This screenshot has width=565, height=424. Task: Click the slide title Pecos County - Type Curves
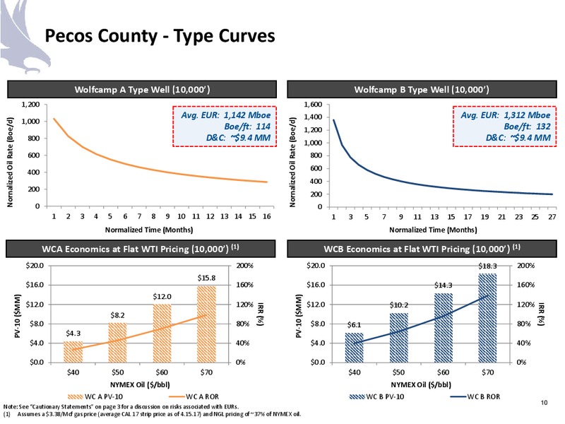pos(160,36)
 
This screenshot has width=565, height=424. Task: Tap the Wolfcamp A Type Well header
pos(142,90)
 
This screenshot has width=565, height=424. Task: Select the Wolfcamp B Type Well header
pos(422,90)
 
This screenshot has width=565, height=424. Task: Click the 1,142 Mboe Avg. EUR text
pos(225,115)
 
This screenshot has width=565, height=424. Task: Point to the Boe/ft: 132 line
pos(527,126)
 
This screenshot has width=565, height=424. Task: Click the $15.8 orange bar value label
pos(206,278)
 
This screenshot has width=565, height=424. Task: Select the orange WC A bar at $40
pos(73,352)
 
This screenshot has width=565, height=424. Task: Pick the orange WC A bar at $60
pos(162,333)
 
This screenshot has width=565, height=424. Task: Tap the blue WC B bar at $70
pos(487,318)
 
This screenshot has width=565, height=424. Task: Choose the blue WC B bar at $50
pos(398,338)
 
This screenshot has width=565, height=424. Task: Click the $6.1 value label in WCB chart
pos(354,325)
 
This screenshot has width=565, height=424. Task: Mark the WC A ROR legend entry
pos(193,396)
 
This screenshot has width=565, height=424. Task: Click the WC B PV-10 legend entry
pos(376,396)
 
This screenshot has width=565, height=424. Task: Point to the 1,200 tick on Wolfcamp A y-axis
pos(30,105)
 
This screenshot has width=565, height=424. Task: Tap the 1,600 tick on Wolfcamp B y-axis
pos(313,105)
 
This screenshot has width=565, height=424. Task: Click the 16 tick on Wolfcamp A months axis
pos(267,216)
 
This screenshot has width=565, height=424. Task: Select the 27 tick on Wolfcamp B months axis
pos(552,217)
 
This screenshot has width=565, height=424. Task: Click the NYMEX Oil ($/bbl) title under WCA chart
pos(140,384)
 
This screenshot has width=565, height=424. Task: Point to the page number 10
pos(544,402)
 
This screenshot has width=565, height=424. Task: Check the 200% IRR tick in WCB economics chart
pos(526,266)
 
